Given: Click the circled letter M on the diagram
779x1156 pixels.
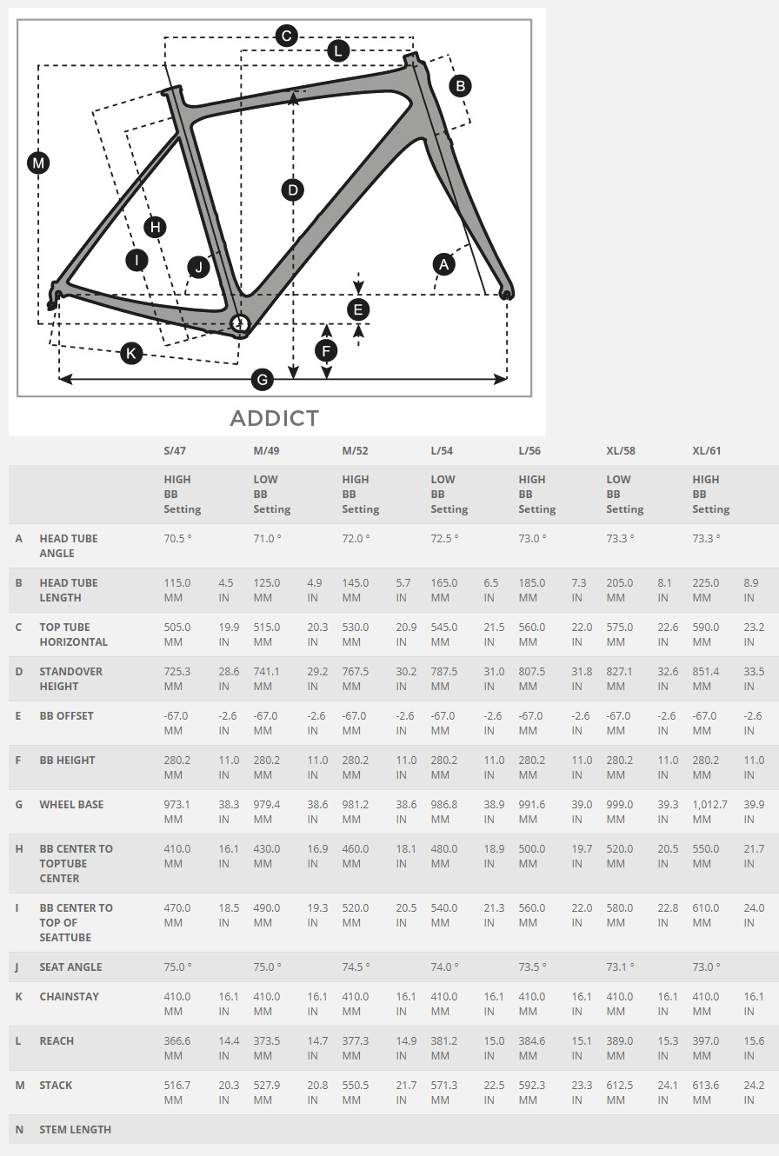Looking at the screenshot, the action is tap(38, 163).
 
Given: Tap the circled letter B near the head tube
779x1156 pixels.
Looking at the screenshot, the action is tap(460, 86).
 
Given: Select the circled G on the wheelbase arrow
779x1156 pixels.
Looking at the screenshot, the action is tap(263, 380).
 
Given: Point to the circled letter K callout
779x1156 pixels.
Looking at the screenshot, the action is tap(131, 354).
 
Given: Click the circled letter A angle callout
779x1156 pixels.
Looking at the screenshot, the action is tap(444, 265).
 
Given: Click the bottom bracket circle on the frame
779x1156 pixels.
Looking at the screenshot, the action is tap(239, 324).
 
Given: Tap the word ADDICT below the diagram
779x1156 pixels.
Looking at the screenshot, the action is tap(275, 418).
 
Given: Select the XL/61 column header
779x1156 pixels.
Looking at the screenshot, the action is tap(706, 450).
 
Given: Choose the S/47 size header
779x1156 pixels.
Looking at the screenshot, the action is tap(175, 450).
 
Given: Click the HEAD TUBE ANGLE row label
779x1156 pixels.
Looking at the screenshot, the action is tap(69, 546).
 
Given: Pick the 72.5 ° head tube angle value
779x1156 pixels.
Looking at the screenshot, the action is tap(444, 538).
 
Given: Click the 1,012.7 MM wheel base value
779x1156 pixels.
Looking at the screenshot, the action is tap(709, 812).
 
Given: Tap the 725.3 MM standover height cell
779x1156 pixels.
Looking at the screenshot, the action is tap(177, 679).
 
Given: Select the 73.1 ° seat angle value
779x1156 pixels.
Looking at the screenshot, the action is tap(620, 967).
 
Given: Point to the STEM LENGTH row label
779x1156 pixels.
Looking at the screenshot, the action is tap(76, 1130).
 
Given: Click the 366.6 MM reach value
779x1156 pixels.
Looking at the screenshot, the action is tap(177, 1048).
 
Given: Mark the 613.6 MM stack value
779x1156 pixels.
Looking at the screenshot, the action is tap(706, 1093).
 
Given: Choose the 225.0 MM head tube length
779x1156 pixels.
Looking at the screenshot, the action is tap(706, 590).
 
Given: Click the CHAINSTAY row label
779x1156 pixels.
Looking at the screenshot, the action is tap(70, 997).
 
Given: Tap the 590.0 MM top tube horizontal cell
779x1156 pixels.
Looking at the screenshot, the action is tap(706, 634).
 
